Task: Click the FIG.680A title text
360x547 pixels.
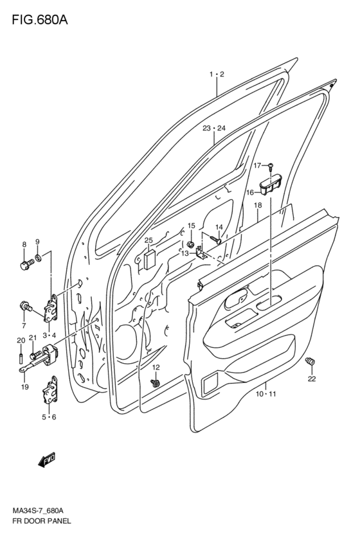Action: pos(40,20)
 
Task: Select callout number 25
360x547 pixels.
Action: pos(148,240)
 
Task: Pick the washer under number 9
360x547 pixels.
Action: pos(39,258)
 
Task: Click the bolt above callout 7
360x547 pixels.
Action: pos(26,306)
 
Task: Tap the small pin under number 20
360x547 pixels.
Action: pos(21,358)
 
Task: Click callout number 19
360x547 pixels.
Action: pos(24,386)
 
